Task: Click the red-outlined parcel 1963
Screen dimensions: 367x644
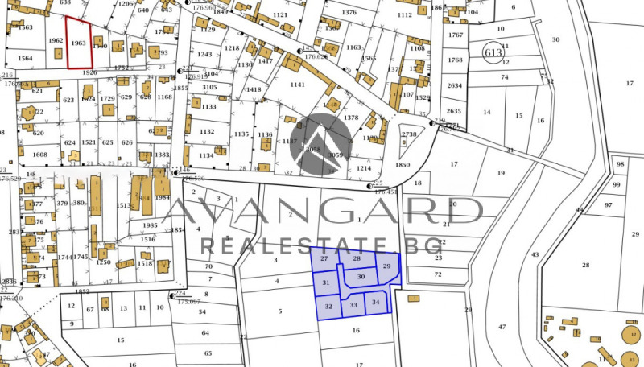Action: pyautogui.click(x=79, y=43)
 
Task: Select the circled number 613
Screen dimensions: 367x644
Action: pyautogui.click(x=493, y=53)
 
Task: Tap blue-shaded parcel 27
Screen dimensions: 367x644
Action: pyautogui.click(x=324, y=259)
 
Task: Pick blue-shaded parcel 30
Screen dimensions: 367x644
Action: pyautogui.click(x=361, y=277)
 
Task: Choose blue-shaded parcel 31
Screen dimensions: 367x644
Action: pyautogui.click(x=326, y=282)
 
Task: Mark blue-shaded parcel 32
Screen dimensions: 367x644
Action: pyautogui.click(x=328, y=307)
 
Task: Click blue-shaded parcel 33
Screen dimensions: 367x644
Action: pyautogui.click(x=353, y=305)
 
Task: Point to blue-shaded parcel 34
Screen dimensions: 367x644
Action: pyautogui.click(x=376, y=303)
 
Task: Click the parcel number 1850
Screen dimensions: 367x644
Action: pyautogui.click(x=402, y=165)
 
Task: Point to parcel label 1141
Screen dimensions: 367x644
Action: pyautogui.click(x=297, y=85)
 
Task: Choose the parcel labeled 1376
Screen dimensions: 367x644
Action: pyautogui.click(x=349, y=13)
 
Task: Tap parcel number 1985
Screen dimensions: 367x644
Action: pyautogui.click(x=148, y=225)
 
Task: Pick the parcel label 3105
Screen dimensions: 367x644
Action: pyautogui.click(x=209, y=87)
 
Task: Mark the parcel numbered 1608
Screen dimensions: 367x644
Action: pyautogui.click(x=39, y=155)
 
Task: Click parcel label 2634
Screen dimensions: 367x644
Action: pyautogui.click(x=455, y=85)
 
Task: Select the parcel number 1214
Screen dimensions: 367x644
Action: pyautogui.click(x=364, y=169)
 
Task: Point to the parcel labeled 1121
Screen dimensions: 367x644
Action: pyautogui.click(x=280, y=15)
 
